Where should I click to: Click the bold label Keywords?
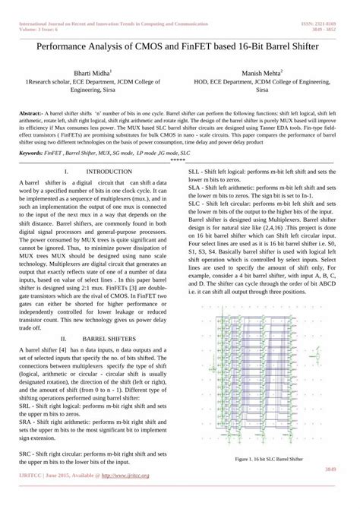coord(34,152)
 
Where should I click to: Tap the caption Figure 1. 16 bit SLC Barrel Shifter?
coord(270,459)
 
